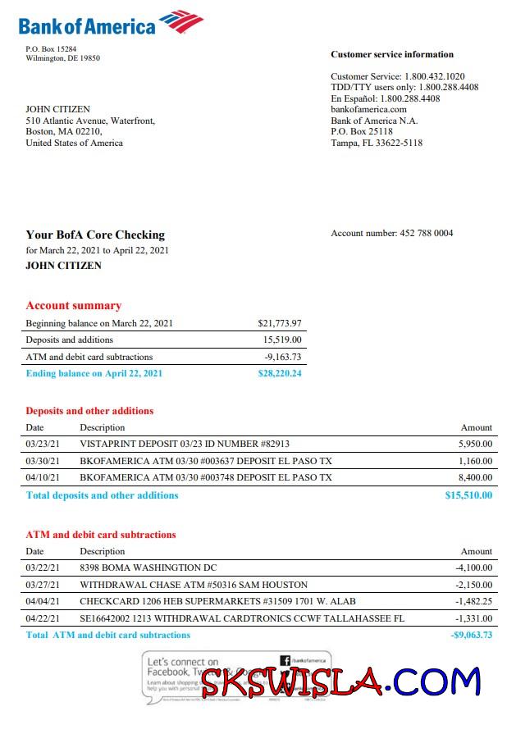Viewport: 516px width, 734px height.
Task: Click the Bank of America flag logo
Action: point(180,22)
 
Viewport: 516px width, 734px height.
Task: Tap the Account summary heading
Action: point(73,306)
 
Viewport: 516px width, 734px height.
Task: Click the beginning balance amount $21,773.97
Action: point(279,323)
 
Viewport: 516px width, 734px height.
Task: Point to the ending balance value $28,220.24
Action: point(279,373)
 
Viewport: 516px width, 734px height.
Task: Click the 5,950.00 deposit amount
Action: point(475,444)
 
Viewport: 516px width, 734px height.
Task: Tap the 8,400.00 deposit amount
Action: point(475,477)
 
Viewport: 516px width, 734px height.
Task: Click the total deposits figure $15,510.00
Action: point(468,495)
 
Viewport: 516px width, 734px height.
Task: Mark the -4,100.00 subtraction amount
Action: point(473,568)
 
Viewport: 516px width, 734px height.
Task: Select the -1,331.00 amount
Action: point(473,618)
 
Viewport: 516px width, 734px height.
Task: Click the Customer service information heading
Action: point(391,55)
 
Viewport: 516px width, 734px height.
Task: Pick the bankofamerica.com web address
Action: point(368,109)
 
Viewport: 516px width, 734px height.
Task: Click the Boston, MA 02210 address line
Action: point(63,131)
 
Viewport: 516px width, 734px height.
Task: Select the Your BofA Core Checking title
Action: point(94,235)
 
